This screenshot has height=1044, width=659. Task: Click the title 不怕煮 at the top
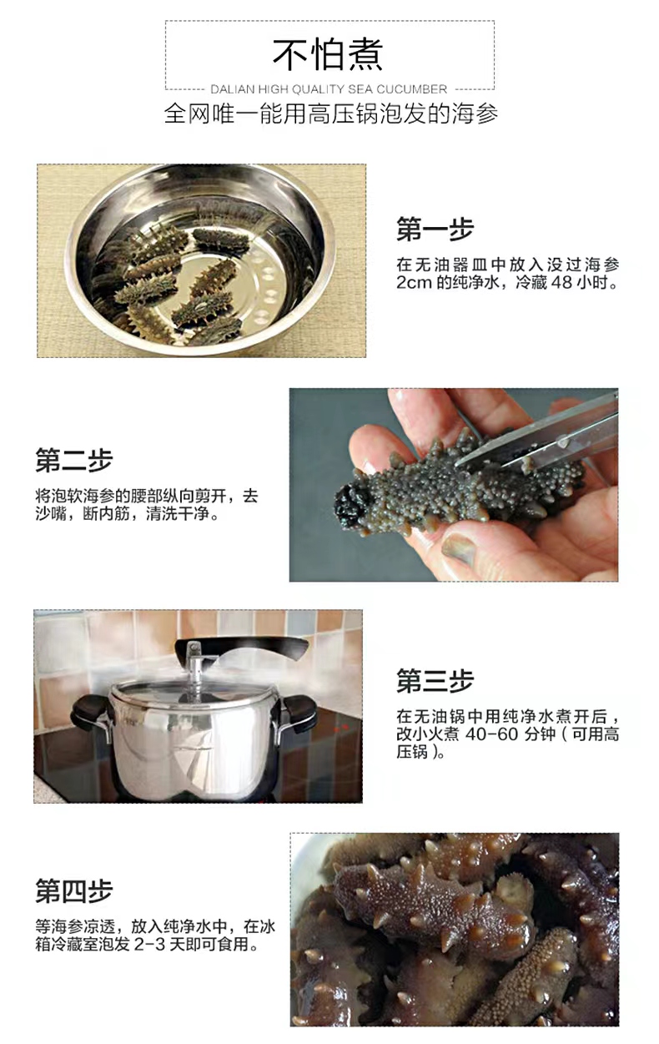click(x=328, y=54)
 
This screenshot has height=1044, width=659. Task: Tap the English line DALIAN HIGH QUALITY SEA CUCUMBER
click(x=329, y=89)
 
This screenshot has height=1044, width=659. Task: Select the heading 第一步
click(x=435, y=229)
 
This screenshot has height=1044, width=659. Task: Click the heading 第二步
click(x=74, y=460)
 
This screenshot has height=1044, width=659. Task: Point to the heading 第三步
click(x=435, y=680)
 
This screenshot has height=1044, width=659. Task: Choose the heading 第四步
click(x=74, y=890)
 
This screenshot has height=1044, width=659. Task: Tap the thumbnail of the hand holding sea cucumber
click(x=454, y=485)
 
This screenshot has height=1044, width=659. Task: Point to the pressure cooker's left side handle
click(x=89, y=711)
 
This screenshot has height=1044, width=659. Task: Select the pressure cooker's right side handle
click(x=301, y=711)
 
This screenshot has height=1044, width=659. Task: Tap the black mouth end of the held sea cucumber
click(x=352, y=502)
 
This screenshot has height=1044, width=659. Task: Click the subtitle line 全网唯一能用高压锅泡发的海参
click(x=330, y=113)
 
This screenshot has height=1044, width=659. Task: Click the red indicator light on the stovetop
click(x=341, y=726)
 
